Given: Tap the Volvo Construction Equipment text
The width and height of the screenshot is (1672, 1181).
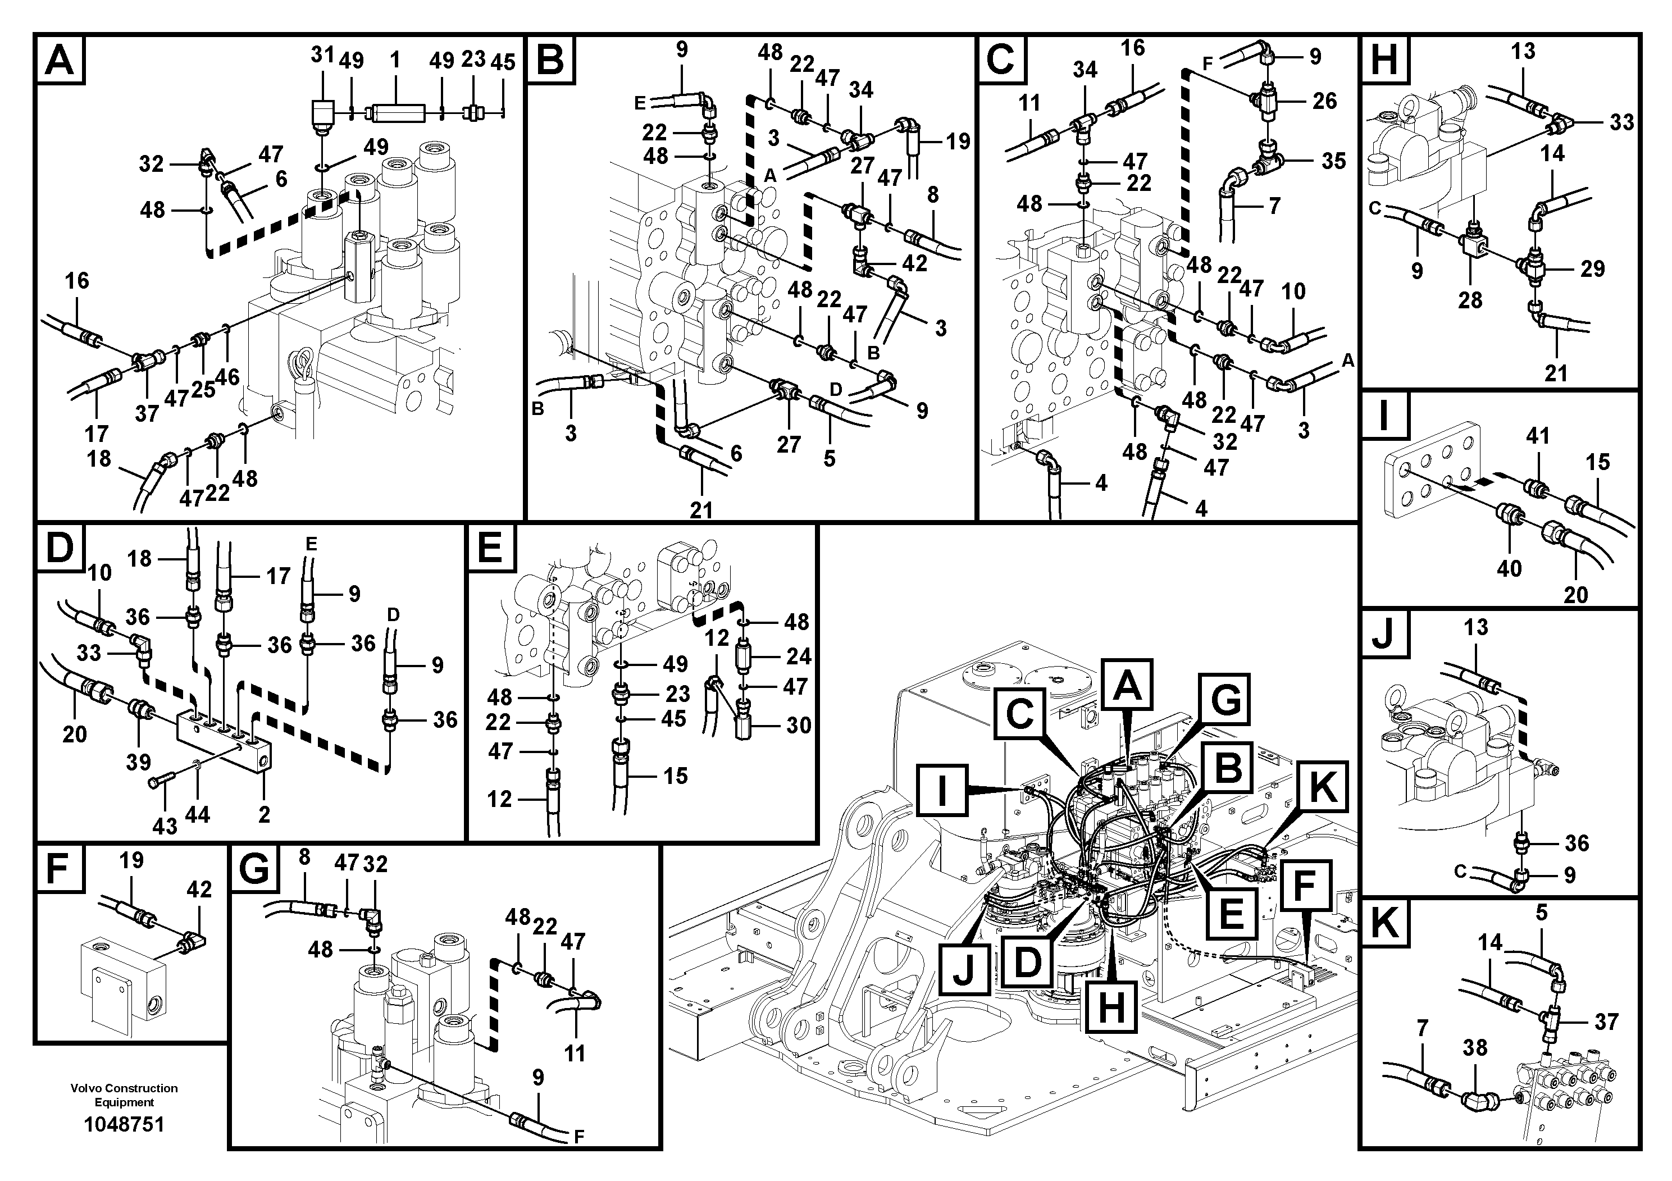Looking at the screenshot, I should tap(124, 1095).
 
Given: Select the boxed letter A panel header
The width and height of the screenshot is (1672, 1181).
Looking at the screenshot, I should tap(60, 60).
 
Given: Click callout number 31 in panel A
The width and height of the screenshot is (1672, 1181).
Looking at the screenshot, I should tap(322, 56).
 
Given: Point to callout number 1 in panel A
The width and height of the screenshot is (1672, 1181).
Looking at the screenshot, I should tap(395, 59).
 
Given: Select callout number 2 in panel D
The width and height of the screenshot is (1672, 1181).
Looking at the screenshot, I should tap(263, 814).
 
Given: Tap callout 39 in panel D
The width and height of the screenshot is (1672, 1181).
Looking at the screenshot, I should tap(138, 762).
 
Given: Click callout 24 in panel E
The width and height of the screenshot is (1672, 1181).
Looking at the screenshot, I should tap(798, 656).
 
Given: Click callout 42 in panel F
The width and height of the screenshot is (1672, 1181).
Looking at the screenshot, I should tap(199, 889).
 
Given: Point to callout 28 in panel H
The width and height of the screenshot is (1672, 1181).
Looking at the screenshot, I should tap(1470, 299).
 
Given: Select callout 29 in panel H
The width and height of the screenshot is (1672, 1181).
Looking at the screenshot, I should tap(1593, 268).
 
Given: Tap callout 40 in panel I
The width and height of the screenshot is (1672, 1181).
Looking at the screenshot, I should tap(1509, 569).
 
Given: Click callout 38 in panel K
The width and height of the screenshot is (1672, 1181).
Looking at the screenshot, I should tap(1475, 1048).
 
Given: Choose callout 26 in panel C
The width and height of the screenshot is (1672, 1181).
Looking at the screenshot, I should tap(1325, 101).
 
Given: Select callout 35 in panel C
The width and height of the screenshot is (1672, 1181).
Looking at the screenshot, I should tap(1333, 161).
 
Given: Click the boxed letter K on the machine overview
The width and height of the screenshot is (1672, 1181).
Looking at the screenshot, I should tap(1322, 788).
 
